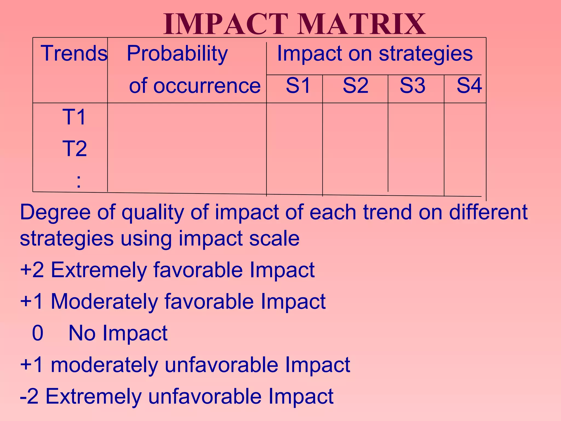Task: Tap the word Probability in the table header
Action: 177,54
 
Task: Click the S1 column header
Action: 298,86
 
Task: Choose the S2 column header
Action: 355,86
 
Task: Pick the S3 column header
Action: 412,86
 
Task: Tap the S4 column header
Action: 469,86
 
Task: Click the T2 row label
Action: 75,149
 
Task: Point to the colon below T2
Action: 79,181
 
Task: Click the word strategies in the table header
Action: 426,54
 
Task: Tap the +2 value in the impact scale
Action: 32,270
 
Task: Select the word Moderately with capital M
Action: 104,301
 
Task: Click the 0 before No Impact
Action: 38,333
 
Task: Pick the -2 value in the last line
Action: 29,396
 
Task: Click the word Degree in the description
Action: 55,213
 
